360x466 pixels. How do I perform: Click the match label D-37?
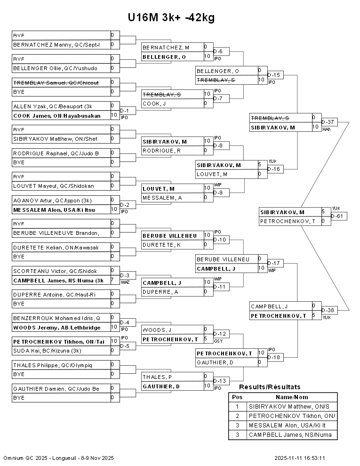(x=328, y=122)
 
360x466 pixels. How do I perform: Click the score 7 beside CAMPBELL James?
(x=112, y=280)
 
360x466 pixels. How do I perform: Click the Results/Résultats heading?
(x=270, y=387)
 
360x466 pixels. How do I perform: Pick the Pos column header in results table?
(x=237, y=397)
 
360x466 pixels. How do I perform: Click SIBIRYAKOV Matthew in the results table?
(x=289, y=406)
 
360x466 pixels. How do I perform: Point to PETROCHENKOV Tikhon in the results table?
(x=292, y=416)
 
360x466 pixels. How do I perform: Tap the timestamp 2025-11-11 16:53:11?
(x=300, y=458)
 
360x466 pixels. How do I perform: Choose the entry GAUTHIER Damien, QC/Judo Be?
(x=56, y=388)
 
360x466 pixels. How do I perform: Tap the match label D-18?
(x=273, y=357)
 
